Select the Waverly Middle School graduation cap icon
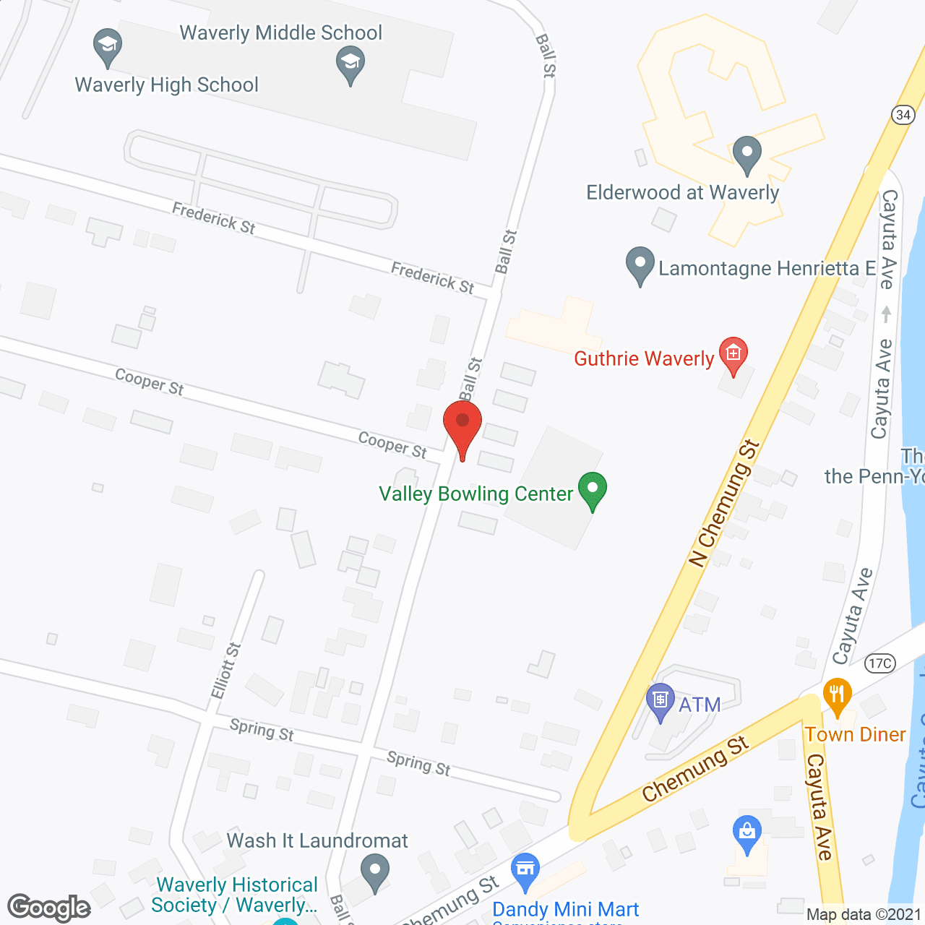(350, 63)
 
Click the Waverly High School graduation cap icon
(108, 45)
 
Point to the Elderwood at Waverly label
(682, 193)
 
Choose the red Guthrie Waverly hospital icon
(733, 354)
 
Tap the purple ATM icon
(660, 700)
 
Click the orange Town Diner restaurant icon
(837, 695)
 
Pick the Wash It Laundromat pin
(374, 871)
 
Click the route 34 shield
(903, 115)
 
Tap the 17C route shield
(880, 663)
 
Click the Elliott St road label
(225, 670)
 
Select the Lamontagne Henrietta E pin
(640, 264)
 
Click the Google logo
(49, 907)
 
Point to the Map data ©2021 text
(864, 914)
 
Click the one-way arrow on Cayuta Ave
(887, 314)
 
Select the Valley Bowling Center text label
(476, 494)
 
